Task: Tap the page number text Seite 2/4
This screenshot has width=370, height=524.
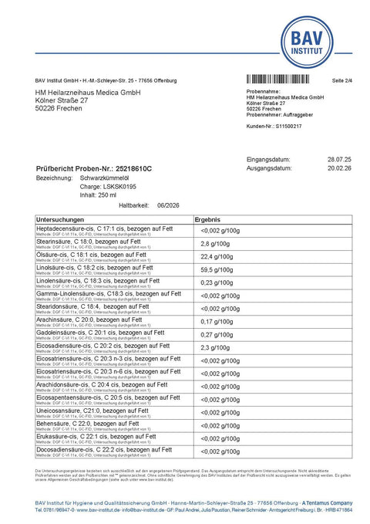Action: [x=341, y=80]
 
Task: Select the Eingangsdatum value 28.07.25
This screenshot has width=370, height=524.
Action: [x=340, y=158]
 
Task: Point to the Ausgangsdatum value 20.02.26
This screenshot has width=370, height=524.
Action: [x=340, y=167]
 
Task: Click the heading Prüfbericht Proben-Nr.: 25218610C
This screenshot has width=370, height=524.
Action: [x=94, y=167]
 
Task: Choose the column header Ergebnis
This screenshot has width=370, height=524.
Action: [x=210, y=220]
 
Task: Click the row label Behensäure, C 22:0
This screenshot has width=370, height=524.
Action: [x=70, y=424]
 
